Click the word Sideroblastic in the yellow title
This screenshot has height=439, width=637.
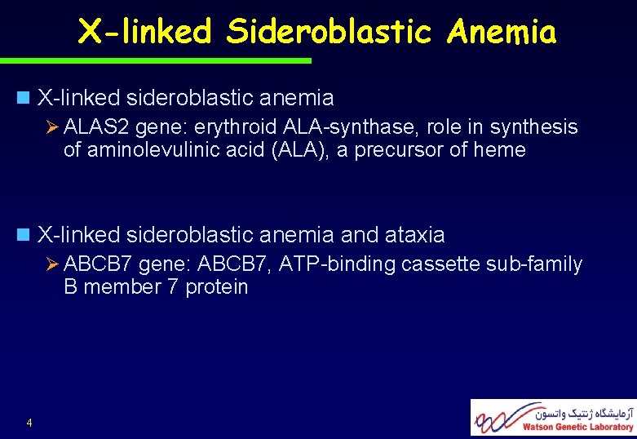pyautogui.click(x=330, y=33)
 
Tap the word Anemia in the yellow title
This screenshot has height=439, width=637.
pyautogui.click(x=502, y=33)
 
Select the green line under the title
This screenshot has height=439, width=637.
pyautogui.click(x=155, y=60)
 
